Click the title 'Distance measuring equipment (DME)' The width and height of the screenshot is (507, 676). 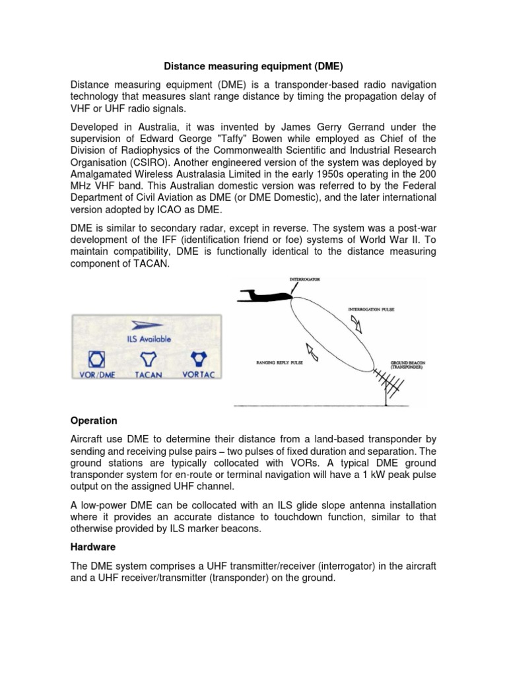pyautogui.click(x=253, y=66)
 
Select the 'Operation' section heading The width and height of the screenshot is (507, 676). pyautogui.click(x=94, y=421)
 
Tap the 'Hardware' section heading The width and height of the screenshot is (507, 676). pyautogui.click(x=93, y=547)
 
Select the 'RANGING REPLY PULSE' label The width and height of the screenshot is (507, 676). pyautogui.click(x=278, y=362)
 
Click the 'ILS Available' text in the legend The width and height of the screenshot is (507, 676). pyautogui.click(x=148, y=339)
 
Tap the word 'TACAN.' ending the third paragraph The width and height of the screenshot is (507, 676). pyautogui.click(x=151, y=263)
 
